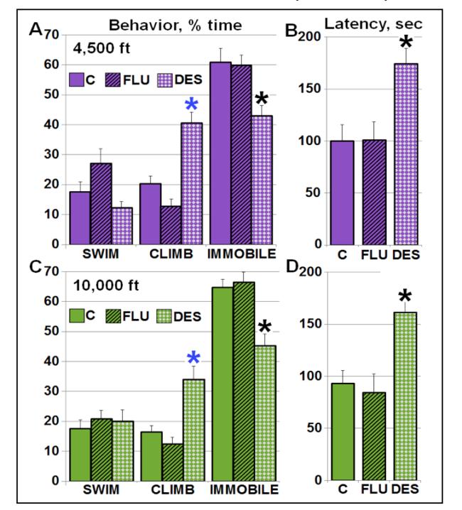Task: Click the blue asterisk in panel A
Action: click(191, 105)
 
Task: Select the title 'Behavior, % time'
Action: click(175, 26)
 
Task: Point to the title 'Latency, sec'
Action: click(373, 24)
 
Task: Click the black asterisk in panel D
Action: click(406, 297)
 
